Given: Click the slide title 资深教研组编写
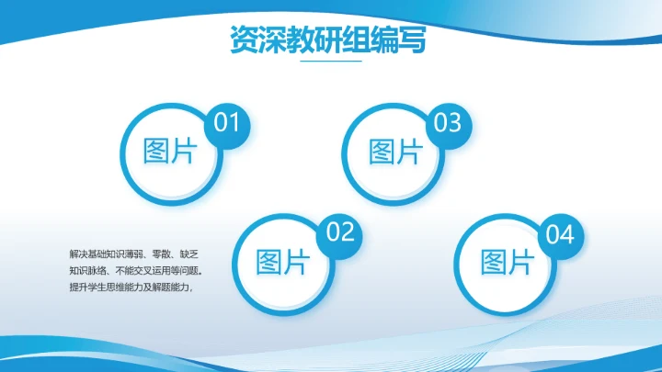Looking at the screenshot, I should tap(327, 40).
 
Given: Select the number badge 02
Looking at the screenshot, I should tap(339, 232).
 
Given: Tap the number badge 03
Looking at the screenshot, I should tap(448, 122).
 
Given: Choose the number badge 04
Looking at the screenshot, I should tap(560, 234).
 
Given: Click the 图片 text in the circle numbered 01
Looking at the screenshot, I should tap(170, 152).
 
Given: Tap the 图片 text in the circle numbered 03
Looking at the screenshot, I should tap(395, 152).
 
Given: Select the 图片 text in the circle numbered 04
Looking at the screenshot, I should tap(508, 262).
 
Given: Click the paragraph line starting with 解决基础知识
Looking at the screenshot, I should tap(132, 253).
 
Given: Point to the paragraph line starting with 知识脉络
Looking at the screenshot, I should tap(135, 270).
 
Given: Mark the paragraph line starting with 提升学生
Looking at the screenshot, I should tap(134, 287).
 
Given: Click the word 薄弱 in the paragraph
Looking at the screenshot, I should tap(131, 253).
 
